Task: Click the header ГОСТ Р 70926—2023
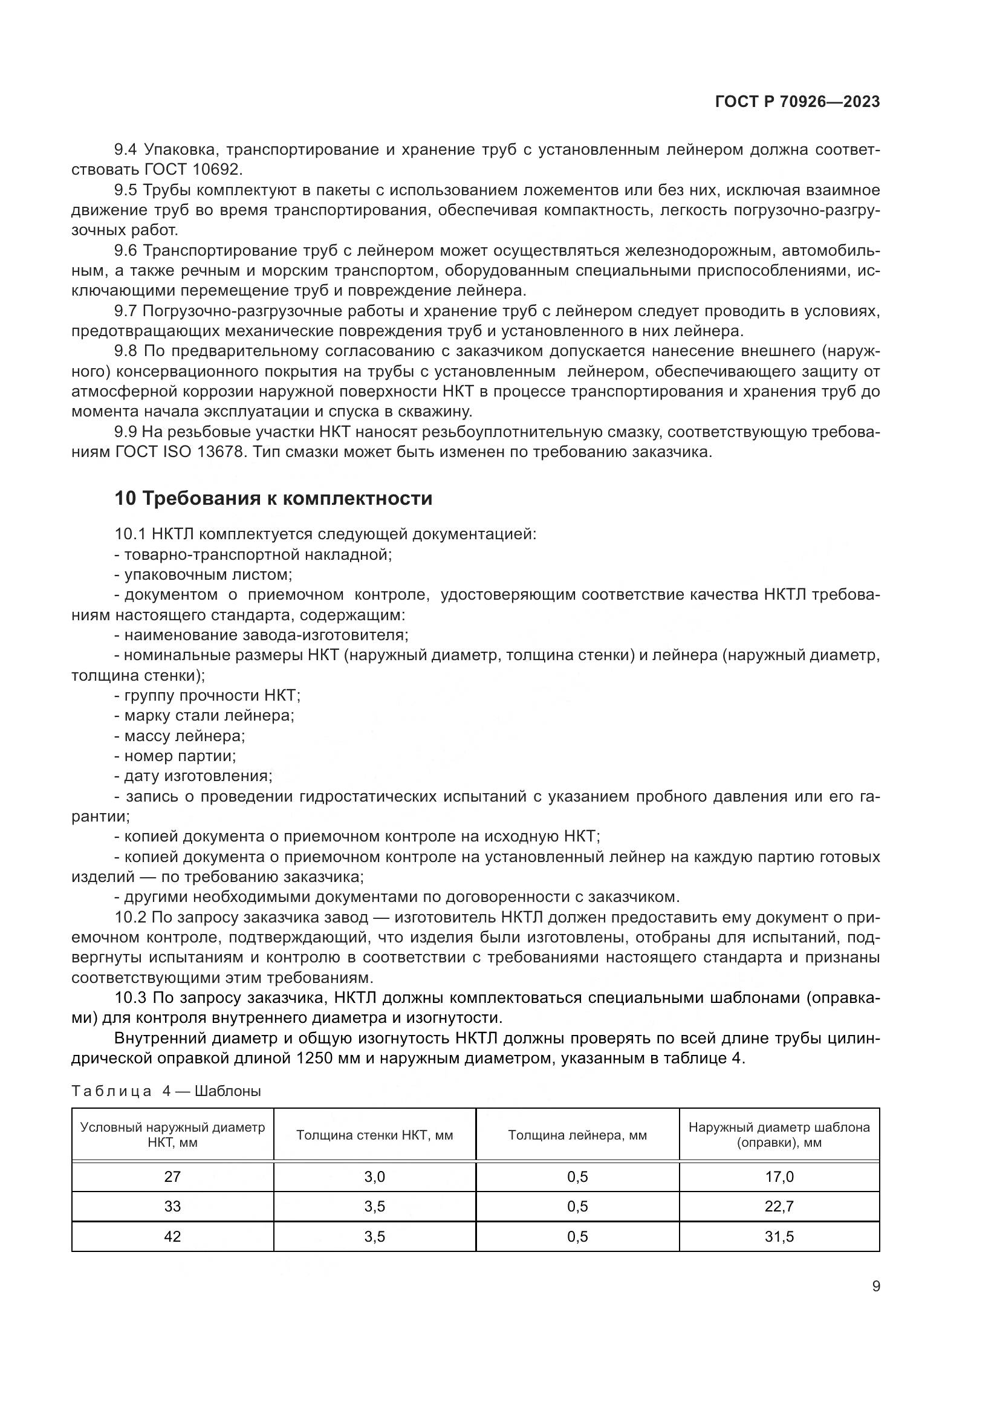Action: point(797,102)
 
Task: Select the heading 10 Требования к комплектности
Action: point(273,498)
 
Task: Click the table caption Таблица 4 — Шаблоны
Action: point(166,1091)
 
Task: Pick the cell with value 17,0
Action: point(779,1177)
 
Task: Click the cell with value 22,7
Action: point(779,1206)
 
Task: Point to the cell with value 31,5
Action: point(779,1236)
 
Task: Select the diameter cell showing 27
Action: point(172,1177)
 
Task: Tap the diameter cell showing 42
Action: point(172,1236)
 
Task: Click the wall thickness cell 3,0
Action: point(374,1177)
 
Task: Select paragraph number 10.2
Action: point(130,917)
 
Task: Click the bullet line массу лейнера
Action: point(180,736)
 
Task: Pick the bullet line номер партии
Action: point(175,756)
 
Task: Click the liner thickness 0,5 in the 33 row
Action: point(577,1206)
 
